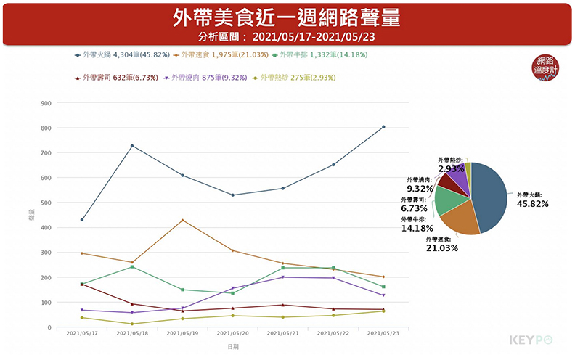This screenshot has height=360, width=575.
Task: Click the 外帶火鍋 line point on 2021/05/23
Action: [x=383, y=127]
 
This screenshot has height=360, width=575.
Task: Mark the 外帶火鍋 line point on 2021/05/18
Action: [x=132, y=146]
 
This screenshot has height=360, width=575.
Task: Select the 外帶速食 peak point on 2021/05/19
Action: [x=182, y=220]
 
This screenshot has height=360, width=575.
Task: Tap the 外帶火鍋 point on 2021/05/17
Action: [x=82, y=220]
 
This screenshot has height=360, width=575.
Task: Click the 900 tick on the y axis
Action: [x=46, y=103]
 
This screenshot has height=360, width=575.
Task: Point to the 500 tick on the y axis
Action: [x=46, y=202]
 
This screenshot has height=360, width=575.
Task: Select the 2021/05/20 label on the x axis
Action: [x=232, y=335]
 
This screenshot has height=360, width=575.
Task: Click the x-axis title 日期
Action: [x=232, y=348]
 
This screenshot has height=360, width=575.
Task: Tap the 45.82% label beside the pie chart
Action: [x=532, y=204]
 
